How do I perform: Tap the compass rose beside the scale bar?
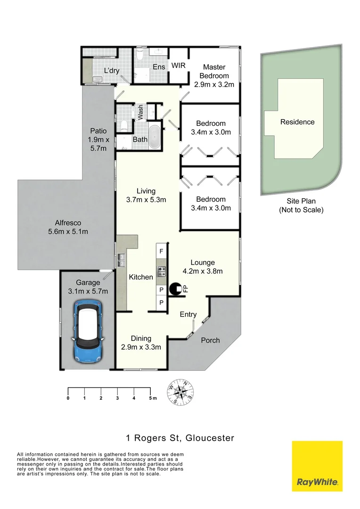tap(180, 393)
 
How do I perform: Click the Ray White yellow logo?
tap(317, 466)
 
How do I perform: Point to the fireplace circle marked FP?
tap(176, 288)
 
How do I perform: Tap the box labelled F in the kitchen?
tap(161, 251)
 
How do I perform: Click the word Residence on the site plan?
tap(297, 122)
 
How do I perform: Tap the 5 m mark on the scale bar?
tap(151, 398)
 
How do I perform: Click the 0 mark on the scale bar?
tap(68, 398)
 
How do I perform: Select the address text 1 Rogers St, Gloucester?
tap(180, 438)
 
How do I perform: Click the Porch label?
tap(210, 340)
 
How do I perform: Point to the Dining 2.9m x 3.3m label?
tap(141, 343)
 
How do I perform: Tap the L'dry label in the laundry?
tap(112, 71)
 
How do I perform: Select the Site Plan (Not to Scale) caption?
tap(301, 205)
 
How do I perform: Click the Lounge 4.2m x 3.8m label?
tap(203, 267)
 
